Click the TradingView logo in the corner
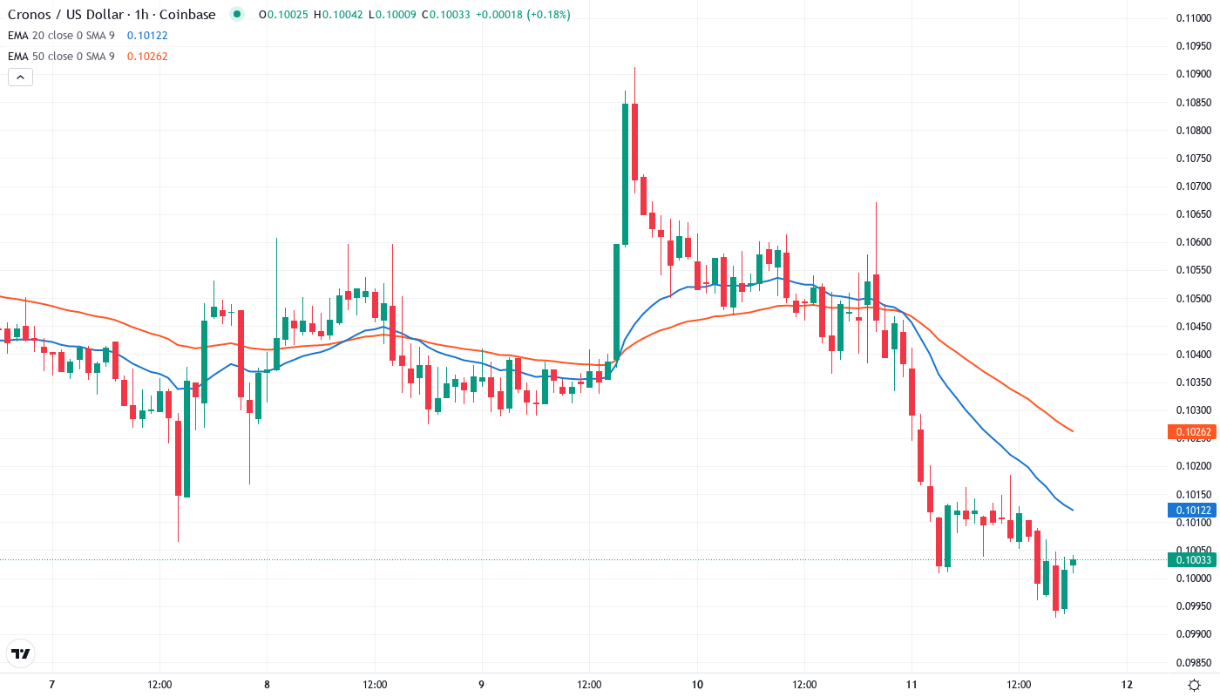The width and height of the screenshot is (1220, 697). [20, 653]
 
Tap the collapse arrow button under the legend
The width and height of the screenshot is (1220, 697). [20, 77]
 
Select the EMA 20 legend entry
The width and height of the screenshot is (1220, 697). [61, 36]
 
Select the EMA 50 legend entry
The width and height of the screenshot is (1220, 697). [61, 57]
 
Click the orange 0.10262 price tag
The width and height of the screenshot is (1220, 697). [1190, 431]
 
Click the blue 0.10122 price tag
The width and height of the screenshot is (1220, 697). [1190, 511]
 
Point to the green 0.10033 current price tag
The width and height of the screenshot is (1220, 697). [1190, 560]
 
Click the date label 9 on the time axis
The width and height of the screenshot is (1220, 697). [481, 685]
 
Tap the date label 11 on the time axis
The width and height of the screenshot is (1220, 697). [912, 685]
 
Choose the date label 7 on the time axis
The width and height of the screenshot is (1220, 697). [52, 685]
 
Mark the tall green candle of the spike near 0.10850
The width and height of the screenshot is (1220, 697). [626, 173]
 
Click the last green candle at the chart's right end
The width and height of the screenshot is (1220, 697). [1074, 562]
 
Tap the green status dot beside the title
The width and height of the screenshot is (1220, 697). [236, 15]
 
